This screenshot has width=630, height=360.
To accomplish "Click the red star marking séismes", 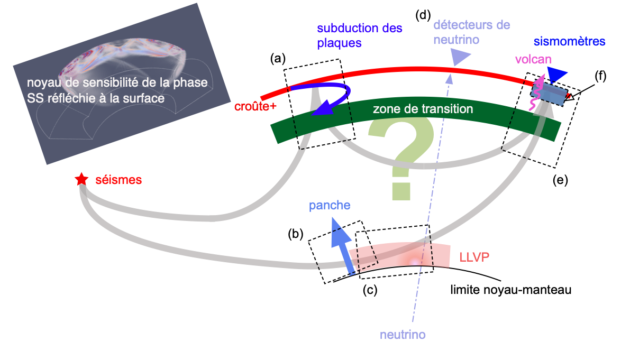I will click(x=81, y=180).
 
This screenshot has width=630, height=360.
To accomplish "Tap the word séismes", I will click(x=119, y=180).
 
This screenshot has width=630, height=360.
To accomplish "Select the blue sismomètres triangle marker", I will click(x=557, y=75).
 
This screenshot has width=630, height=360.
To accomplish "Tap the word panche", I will click(x=331, y=206).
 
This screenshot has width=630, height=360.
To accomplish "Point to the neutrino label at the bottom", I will click(x=403, y=335).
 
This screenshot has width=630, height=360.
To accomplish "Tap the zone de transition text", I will click(x=422, y=109).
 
